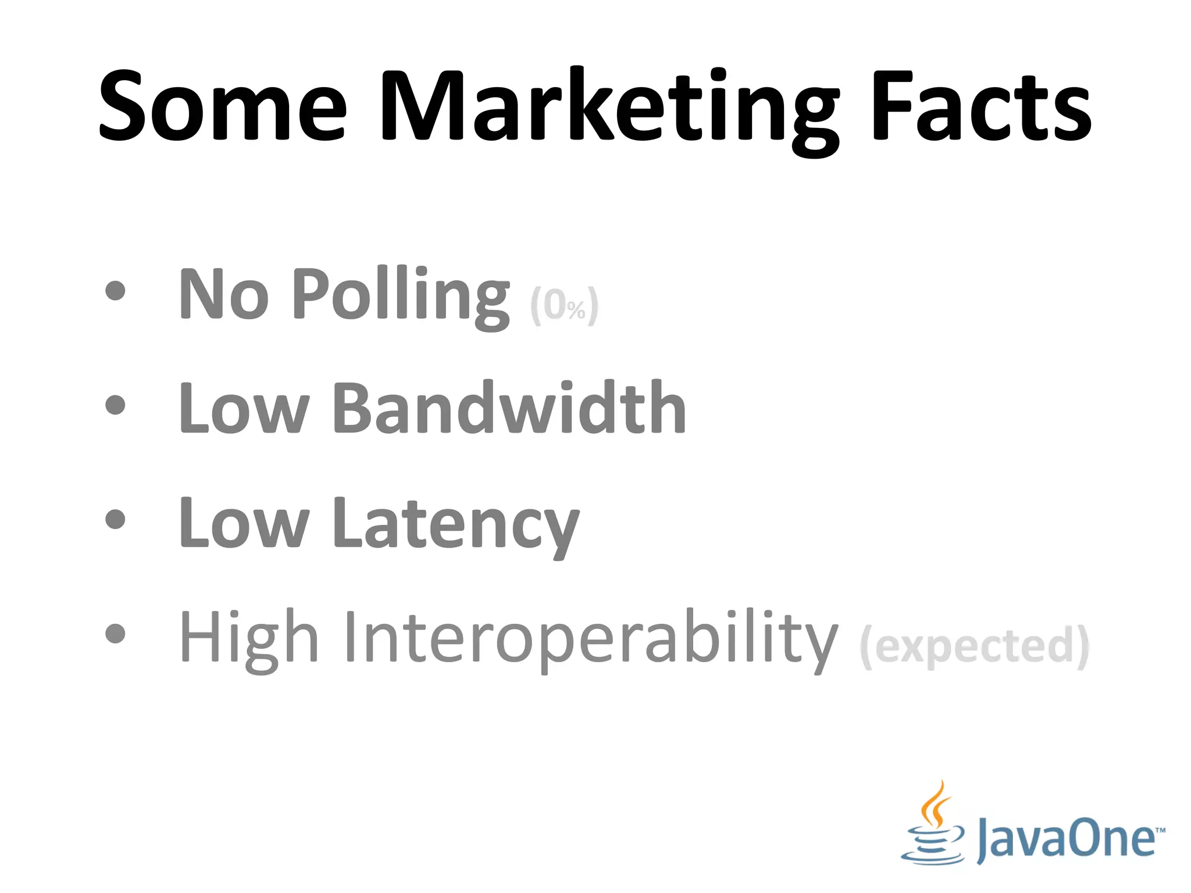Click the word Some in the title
point(223,106)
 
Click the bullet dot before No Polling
point(116,291)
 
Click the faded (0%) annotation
point(564,305)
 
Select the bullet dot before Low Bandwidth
point(116,405)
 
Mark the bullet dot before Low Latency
point(116,519)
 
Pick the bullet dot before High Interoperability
point(116,634)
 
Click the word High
point(249,638)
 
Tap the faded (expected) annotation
point(975,646)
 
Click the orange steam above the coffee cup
point(935,805)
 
